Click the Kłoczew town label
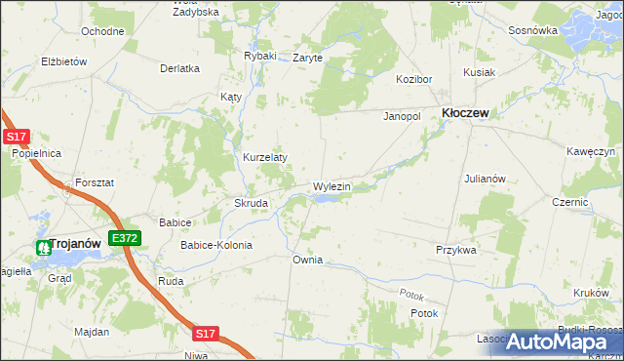465,113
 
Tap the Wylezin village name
331,185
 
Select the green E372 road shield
126,237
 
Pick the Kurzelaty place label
264,157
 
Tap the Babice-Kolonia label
215,245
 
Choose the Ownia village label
307,260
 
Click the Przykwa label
455,250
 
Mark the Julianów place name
485,179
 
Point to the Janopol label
401,115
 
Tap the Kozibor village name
412,78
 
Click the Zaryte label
307,58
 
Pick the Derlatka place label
179,68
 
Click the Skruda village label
251,203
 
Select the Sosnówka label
532,30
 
